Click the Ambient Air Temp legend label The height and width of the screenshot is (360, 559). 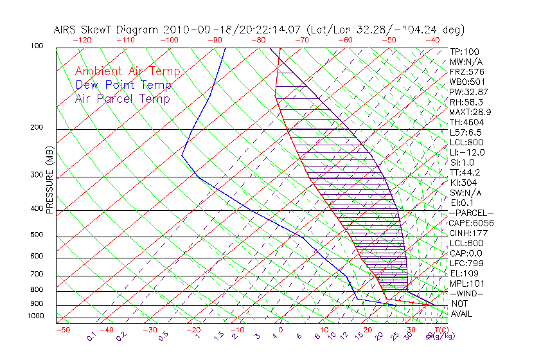click(x=127, y=71)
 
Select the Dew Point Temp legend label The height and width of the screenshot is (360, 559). click(x=123, y=85)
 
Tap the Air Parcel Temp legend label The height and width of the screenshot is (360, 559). click(x=122, y=98)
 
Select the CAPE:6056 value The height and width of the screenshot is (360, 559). click(x=471, y=222)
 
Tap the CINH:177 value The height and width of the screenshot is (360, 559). click(x=468, y=233)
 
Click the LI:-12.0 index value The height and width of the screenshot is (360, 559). click(x=467, y=152)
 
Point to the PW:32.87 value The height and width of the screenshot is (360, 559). click(x=470, y=92)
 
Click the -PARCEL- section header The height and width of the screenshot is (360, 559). click(x=471, y=213)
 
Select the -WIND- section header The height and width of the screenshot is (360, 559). click(x=467, y=293)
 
